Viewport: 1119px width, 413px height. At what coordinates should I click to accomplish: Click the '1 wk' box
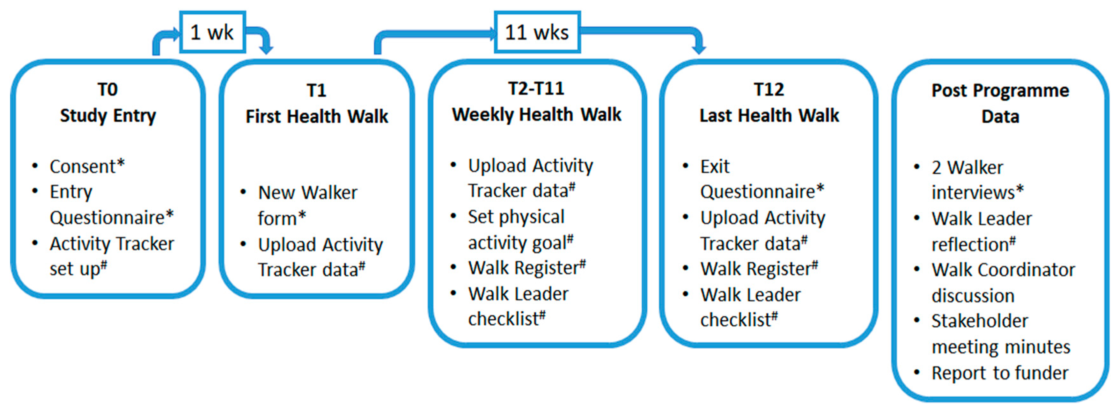[212, 32]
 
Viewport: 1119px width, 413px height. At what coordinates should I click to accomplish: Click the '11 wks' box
[537, 32]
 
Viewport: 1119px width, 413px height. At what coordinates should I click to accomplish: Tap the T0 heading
[107, 90]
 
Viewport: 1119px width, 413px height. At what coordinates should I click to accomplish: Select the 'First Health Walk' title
[317, 116]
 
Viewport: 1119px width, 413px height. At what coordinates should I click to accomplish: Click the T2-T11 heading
[536, 89]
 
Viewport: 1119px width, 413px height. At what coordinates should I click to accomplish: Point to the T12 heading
[769, 90]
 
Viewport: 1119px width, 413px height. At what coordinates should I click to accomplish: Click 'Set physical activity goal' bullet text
[521, 229]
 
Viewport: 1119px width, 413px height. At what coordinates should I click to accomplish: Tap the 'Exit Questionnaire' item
[762, 179]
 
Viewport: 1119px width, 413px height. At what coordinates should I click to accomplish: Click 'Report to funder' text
[999, 373]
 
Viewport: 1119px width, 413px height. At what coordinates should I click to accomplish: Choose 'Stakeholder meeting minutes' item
[1000, 334]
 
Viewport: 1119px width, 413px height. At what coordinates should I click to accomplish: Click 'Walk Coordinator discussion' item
[1003, 283]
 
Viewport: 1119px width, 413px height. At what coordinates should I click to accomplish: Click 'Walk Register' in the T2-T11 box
[526, 268]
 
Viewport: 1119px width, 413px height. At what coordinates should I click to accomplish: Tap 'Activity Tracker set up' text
[112, 256]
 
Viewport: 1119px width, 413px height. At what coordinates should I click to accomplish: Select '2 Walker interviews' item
[977, 180]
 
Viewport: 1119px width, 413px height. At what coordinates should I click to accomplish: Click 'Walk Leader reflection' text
[981, 231]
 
